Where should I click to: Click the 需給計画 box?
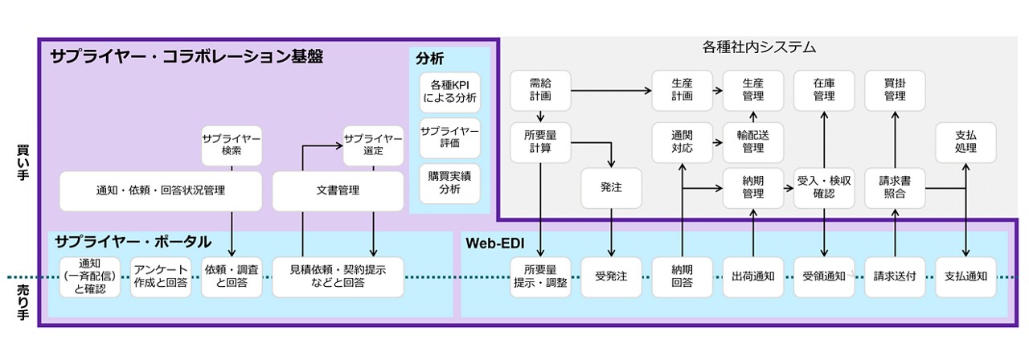pyautogui.click(x=540, y=89)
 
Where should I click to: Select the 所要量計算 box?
pyautogui.click(x=540, y=142)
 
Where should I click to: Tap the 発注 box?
pyautogui.click(x=612, y=188)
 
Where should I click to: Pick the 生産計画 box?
pyautogui.click(x=682, y=89)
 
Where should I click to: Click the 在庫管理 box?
pyautogui.click(x=824, y=89)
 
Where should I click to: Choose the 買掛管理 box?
pyautogui.click(x=895, y=89)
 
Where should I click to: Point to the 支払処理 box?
pyautogui.click(x=965, y=142)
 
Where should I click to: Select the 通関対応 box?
pyautogui.click(x=682, y=142)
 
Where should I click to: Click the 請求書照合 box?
pyautogui.click(x=895, y=188)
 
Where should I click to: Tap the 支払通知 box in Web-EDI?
pyautogui.click(x=965, y=276)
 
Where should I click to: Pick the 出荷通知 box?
pyautogui.click(x=753, y=276)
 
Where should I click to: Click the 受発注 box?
pyautogui.click(x=612, y=276)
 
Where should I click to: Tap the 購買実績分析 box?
pyautogui.click(x=450, y=183)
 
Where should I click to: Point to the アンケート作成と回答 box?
pyautogui.click(x=162, y=276)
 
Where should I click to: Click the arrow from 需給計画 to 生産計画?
pyautogui.click(x=611, y=89)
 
